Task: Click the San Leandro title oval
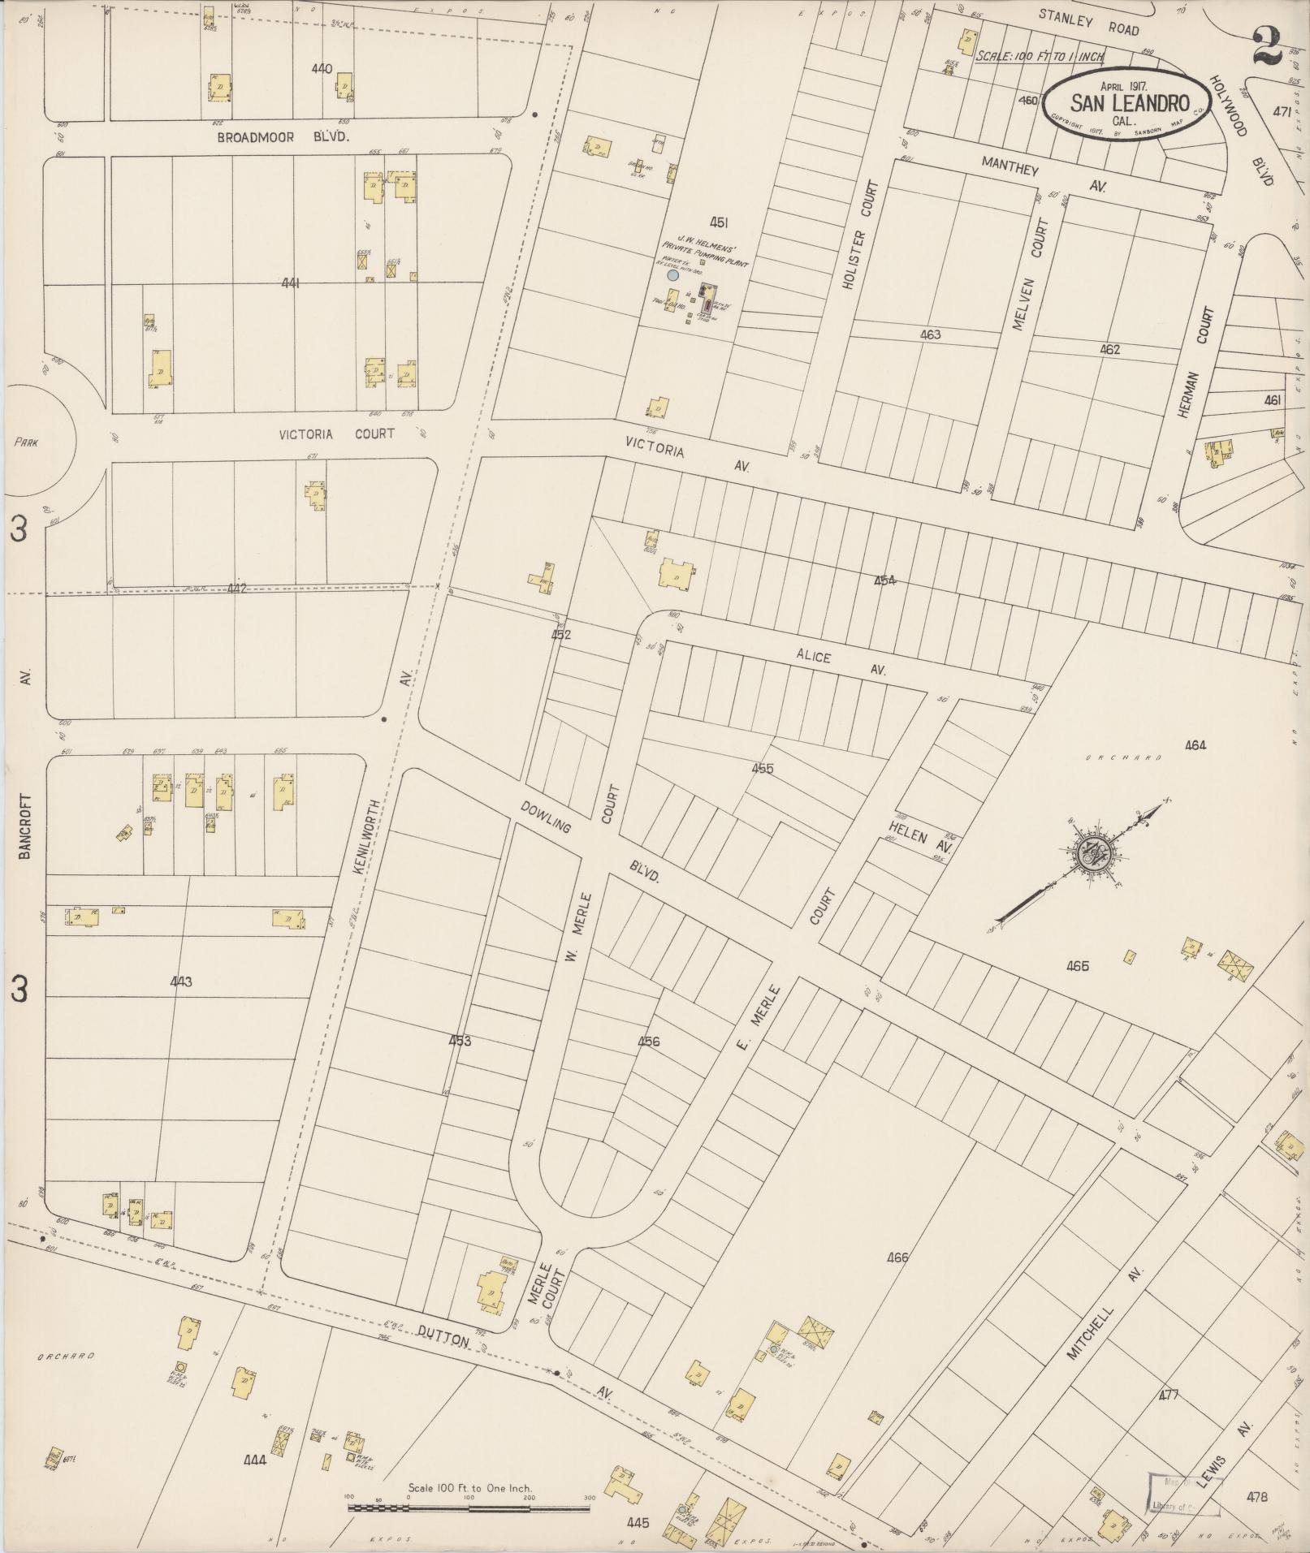(1128, 102)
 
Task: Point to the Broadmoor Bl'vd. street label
(283, 138)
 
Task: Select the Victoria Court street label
(336, 434)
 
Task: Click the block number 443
(181, 982)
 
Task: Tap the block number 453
(460, 1041)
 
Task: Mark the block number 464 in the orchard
(1195, 745)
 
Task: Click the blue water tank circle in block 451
(672, 276)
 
